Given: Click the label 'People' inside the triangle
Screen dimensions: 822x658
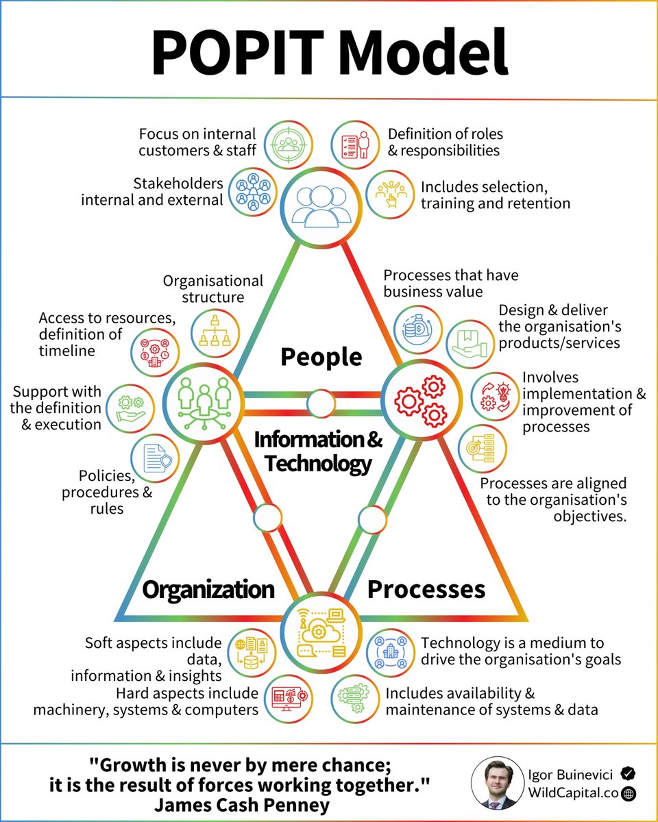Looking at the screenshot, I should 321,356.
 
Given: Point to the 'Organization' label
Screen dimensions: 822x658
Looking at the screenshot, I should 208,589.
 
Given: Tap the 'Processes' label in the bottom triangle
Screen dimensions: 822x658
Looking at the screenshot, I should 426,589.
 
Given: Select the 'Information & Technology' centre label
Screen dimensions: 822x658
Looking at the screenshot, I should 319,451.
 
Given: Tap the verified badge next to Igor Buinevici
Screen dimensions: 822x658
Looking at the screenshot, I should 628,773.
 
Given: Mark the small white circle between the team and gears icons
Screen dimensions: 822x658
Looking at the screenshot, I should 320,403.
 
